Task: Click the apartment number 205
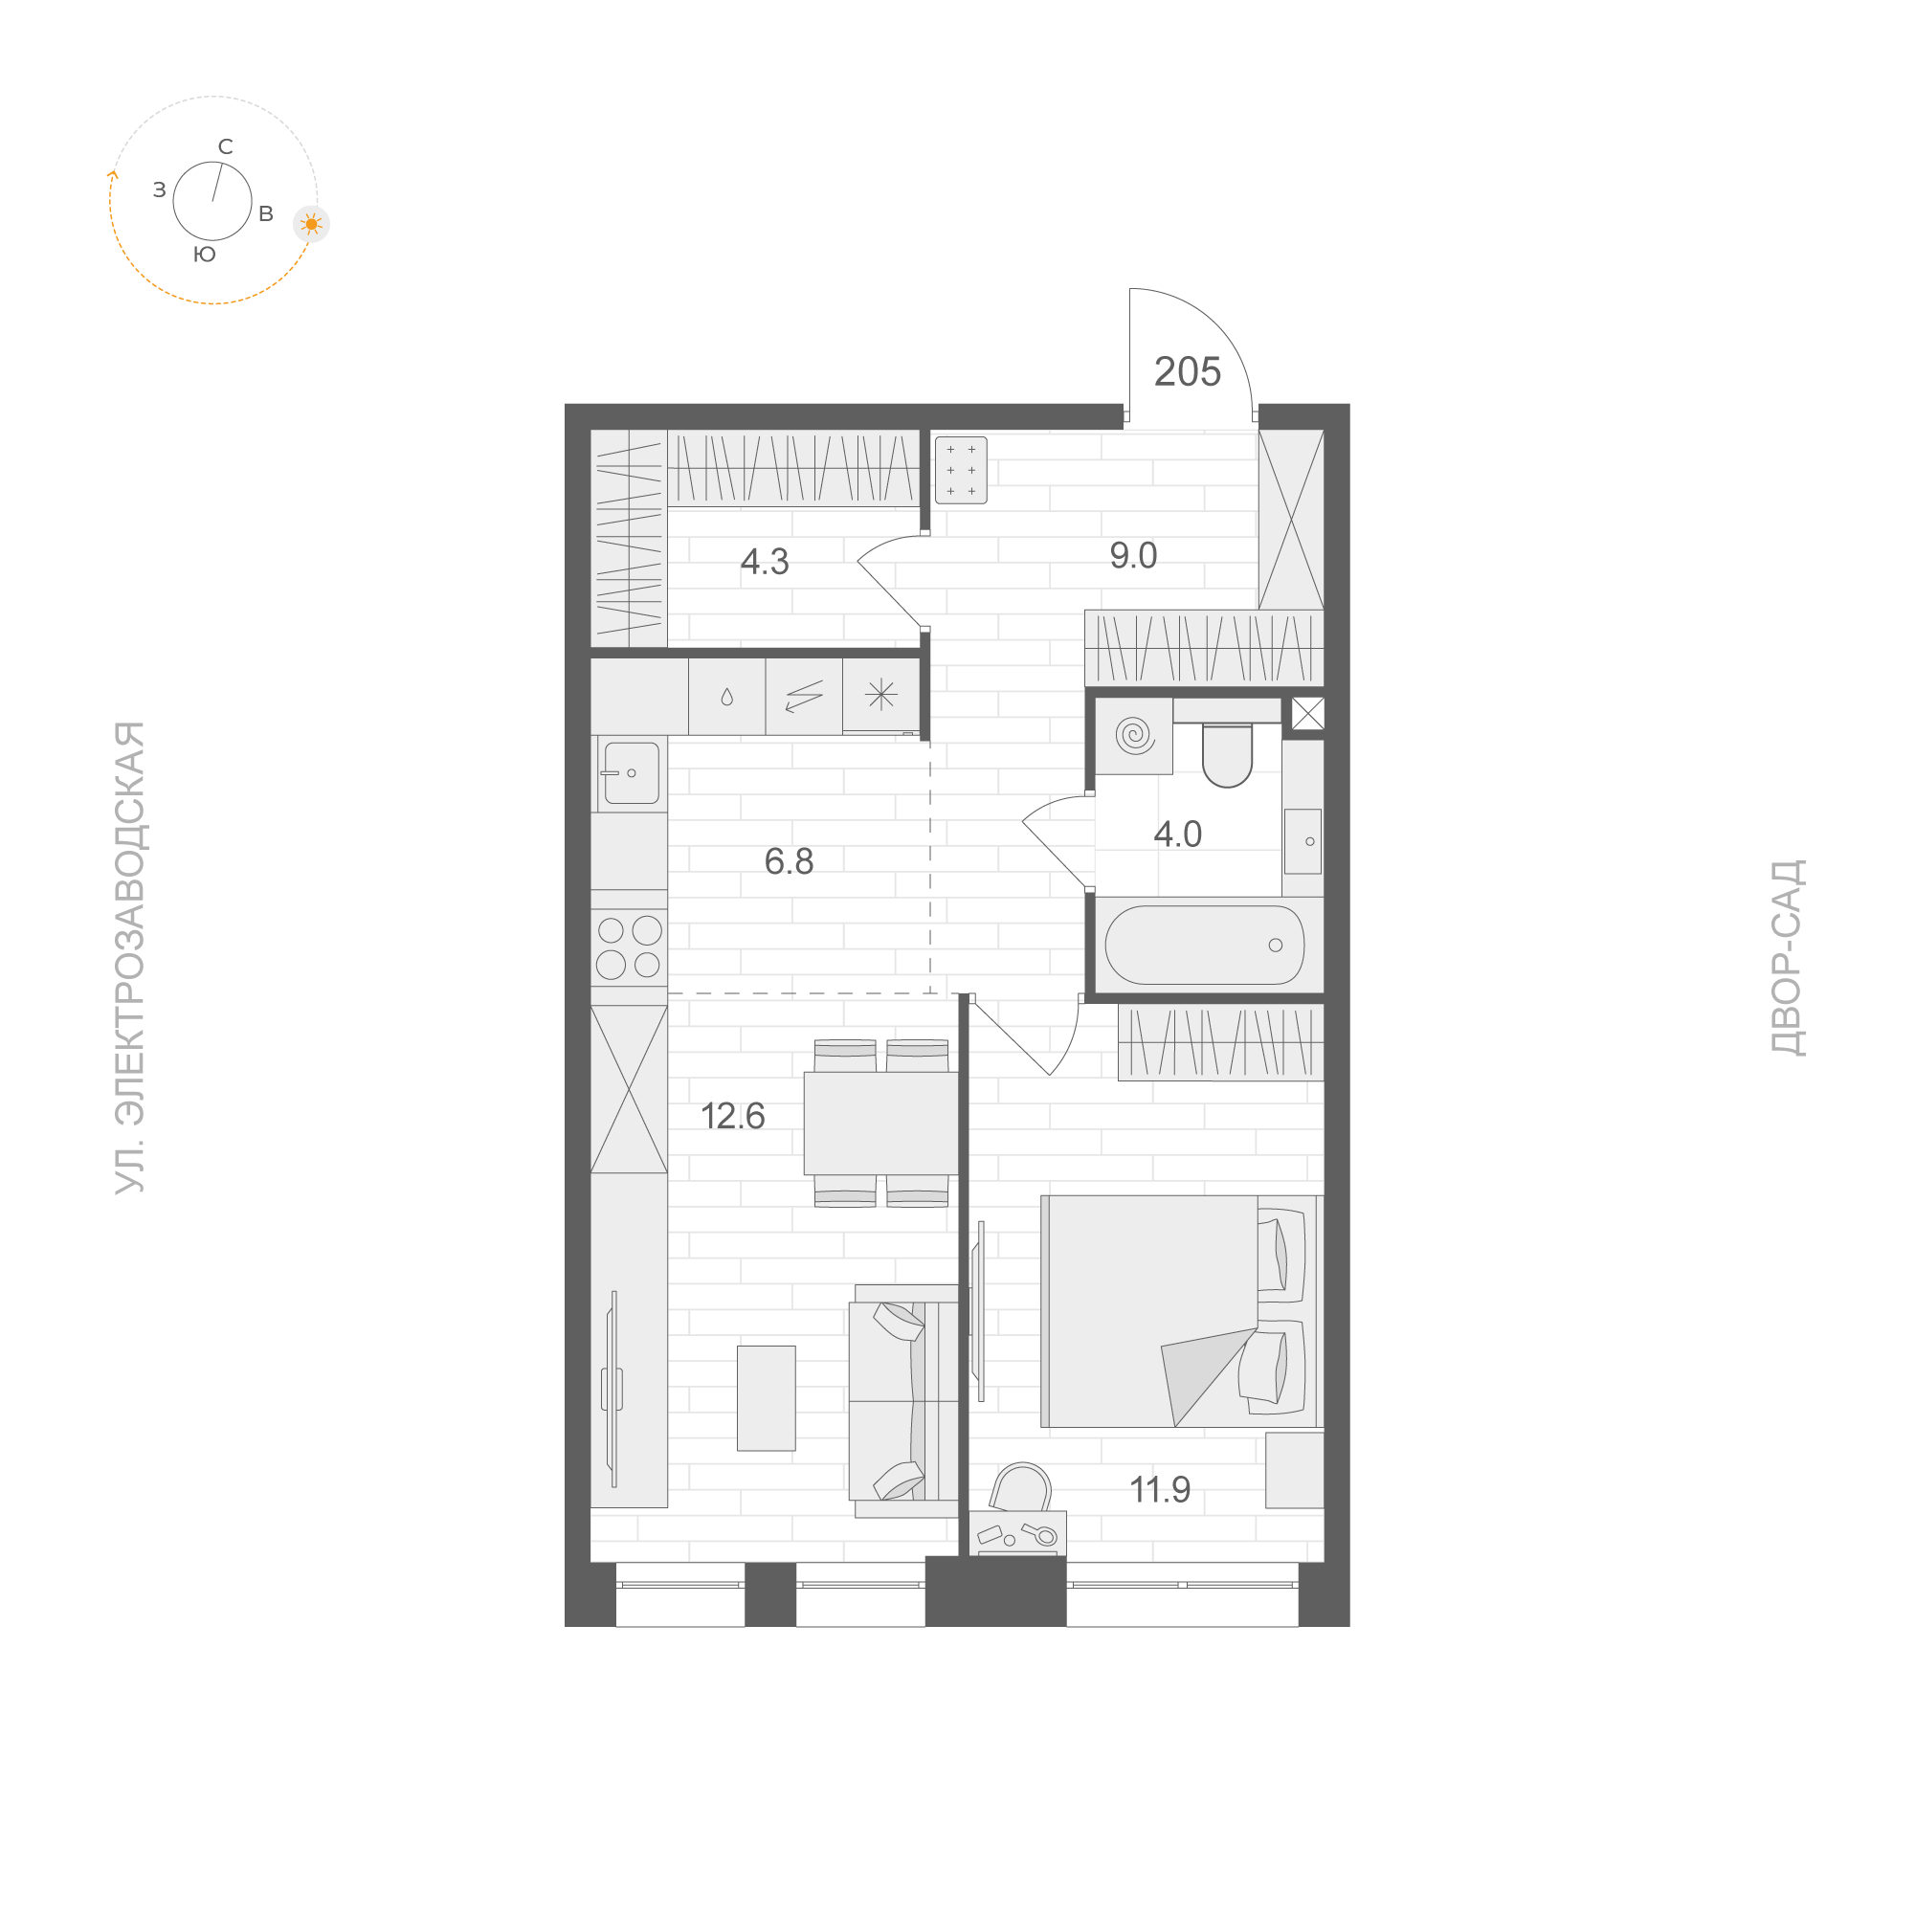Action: pos(1187,371)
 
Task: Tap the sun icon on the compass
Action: pos(311,224)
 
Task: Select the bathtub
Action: pos(1204,945)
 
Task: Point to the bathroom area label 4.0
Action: pos(1177,835)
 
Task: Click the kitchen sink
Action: pos(632,773)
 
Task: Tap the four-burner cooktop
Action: pos(630,946)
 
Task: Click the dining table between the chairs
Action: pos(880,1123)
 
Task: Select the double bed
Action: pos(1179,1310)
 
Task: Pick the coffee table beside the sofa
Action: pos(767,1397)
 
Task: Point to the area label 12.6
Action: pos(732,1116)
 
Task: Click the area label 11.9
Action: pos(1160,1490)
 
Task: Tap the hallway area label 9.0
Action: pos(1133,555)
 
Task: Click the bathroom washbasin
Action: pos(1303,841)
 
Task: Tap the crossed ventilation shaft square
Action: pos(1307,714)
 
